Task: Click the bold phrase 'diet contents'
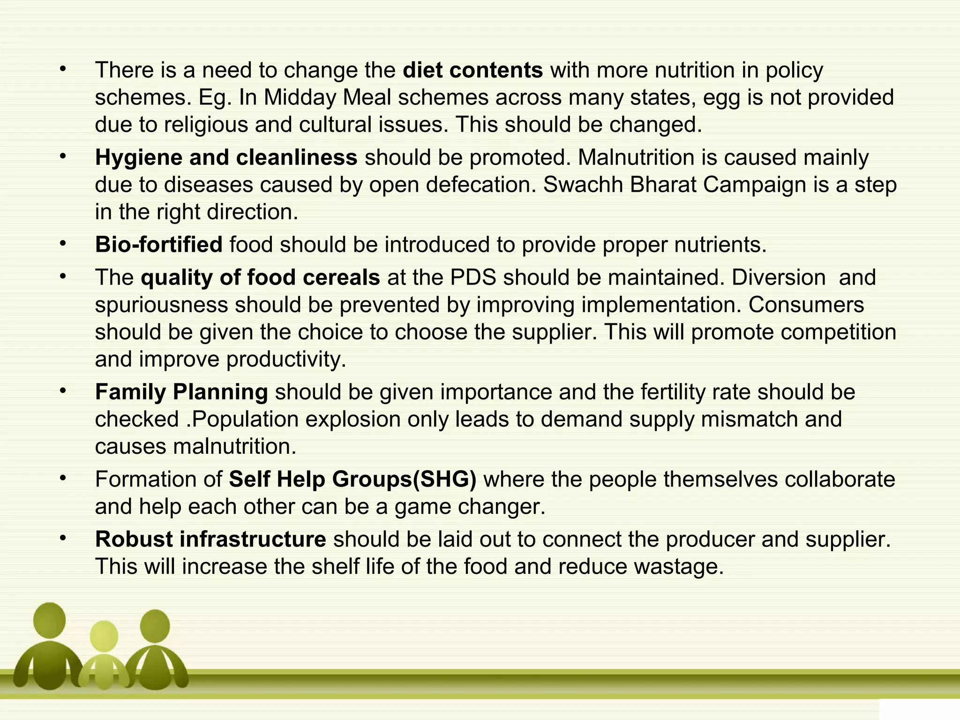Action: [x=472, y=70]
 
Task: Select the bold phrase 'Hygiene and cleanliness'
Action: [x=226, y=157]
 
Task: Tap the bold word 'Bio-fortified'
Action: [x=158, y=245]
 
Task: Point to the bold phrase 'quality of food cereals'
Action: [x=260, y=277]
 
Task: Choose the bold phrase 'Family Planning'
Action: [x=181, y=392]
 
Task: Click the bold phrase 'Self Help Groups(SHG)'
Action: [x=352, y=479]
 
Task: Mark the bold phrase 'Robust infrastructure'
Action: [x=210, y=539]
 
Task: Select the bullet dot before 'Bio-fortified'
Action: [x=63, y=244]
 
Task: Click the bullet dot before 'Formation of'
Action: [x=63, y=478]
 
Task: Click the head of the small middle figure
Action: [x=104, y=636]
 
